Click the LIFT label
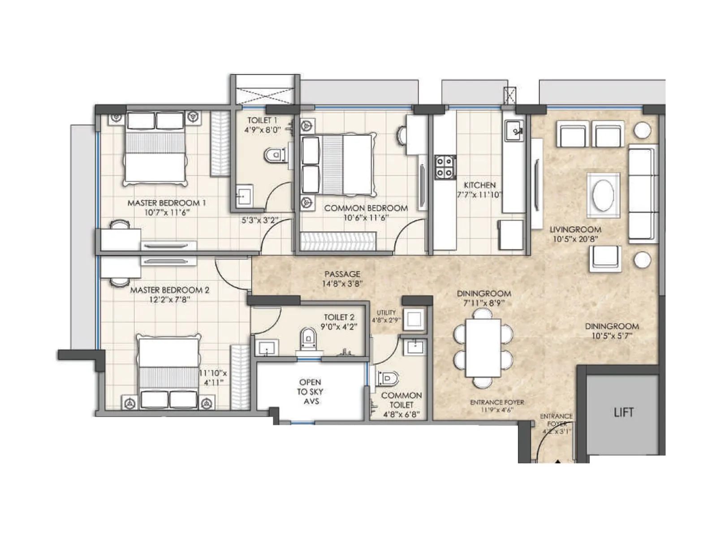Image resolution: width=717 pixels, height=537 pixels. pyautogui.click(x=623, y=412)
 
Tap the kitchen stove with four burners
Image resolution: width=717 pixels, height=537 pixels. pyautogui.click(x=445, y=167)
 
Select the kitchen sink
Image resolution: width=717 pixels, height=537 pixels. pyautogui.click(x=514, y=130)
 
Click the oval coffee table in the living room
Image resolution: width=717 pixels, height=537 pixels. pyautogui.click(x=603, y=196)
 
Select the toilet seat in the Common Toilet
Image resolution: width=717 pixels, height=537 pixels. pyautogui.click(x=388, y=379)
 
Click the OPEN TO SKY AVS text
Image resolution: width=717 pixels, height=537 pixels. pyautogui.click(x=310, y=392)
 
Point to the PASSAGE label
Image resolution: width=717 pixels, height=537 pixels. pyautogui.click(x=342, y=274)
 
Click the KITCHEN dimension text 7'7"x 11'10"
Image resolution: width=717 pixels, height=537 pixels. pyautogui.click(x=479, y=195)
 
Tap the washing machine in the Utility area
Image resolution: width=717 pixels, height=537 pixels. pyautogui.click(x=414, y=320)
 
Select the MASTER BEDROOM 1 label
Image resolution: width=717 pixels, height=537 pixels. pyautogui.click(x=166, y=203)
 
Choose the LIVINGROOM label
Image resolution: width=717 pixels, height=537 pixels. pyautogui.click(x=575, y=229)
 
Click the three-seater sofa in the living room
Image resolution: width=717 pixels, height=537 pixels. pyautogui.click(x=641, y=194)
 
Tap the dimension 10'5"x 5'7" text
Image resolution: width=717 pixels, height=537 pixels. pyautogui.click(x=611, y=336)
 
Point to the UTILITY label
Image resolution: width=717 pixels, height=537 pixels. pyautogui.click(x=386, y=312)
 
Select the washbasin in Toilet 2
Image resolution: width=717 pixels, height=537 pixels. pyautogui.click(x=267, y=347)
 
